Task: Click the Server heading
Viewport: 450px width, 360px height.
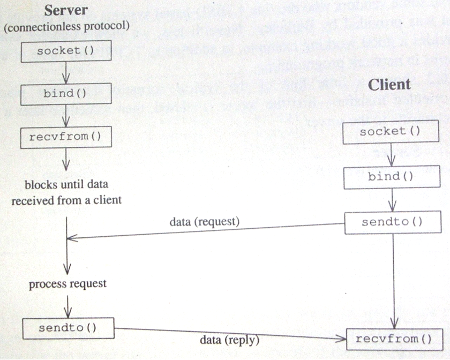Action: [x=66, y=10]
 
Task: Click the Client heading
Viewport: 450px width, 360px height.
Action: [x=389, y=85]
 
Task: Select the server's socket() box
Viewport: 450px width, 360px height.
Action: [x=66, y=51]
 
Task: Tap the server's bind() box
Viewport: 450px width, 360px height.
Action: [x=65, y=93]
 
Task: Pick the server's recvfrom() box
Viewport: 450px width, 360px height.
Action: [x=65, y=136]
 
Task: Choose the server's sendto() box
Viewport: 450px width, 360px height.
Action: [x=68, y=327]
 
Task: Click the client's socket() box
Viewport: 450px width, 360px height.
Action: [x=390, y=132]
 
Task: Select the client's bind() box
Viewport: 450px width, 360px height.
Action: [x=391, y=177]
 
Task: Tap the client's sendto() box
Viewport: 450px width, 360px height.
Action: [x=392, y=222]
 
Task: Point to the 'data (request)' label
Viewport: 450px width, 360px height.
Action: [x=205, y=221]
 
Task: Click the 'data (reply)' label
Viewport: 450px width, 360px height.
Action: [x=229, y=340]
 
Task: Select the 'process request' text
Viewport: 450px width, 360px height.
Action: [x=67, y=283]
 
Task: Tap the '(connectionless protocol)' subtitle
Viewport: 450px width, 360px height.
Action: [x=66, y=26]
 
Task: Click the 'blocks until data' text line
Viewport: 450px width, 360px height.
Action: [x=67, y=184]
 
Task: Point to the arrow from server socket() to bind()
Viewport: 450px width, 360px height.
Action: [x=65, y=72]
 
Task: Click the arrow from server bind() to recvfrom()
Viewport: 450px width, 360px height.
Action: [x=65, y=115]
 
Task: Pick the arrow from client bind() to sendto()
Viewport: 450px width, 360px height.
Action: [x=393, y=200]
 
